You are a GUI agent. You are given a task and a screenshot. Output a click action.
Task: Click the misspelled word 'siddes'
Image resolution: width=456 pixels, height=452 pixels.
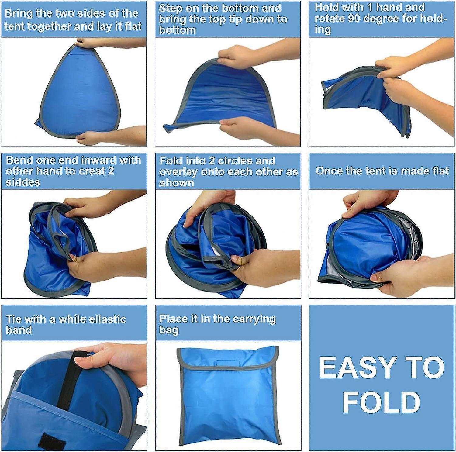point(23,182)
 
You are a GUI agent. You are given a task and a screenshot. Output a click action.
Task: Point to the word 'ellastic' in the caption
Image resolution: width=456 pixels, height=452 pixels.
point(107,319)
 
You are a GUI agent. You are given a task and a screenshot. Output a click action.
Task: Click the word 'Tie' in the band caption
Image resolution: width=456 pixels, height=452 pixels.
point(14,319)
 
